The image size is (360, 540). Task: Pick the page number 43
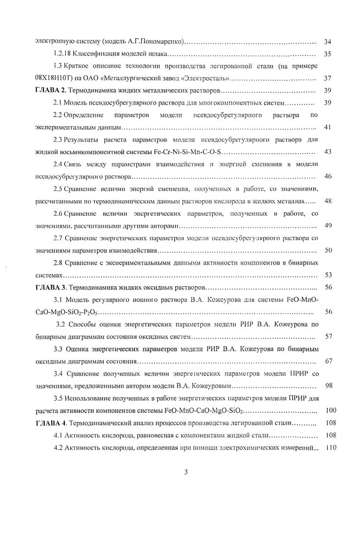(328, 151)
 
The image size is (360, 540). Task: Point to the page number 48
(328, 201)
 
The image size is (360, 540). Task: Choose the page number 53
(328, 275)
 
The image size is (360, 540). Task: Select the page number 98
(328, 386)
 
